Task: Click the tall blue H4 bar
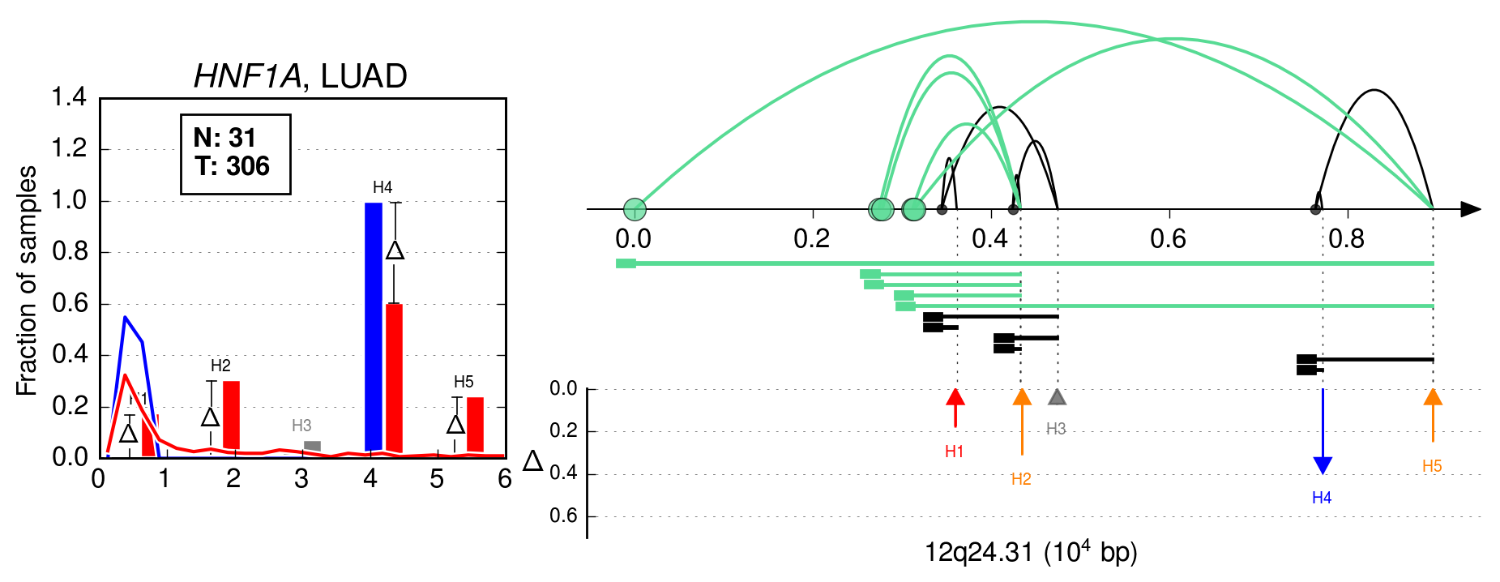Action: (373, 326)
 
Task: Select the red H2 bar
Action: (231, 414)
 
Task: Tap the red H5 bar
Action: (475, 424)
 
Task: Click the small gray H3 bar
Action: (312, 446)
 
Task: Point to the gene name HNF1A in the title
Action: (248, 77)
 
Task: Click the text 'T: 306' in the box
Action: (232, 166)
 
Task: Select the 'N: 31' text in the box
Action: (224, 138)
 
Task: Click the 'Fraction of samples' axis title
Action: (27, 280)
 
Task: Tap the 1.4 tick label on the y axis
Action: (69, 98)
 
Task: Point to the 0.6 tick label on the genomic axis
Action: (1168, 238)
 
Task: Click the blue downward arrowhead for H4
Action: (1323, 465)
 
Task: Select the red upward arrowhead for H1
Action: (955, 396)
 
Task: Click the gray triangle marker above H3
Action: (1057, 396)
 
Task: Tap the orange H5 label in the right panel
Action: (1432, 466)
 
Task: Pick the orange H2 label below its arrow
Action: (1021, 479)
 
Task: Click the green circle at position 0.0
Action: (635, 210)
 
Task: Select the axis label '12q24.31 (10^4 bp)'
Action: (1031, 551)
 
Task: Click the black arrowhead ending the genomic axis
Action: (1471, 210)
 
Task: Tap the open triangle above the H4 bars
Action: (395, 250)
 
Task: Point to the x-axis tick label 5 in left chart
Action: (437, 479)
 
